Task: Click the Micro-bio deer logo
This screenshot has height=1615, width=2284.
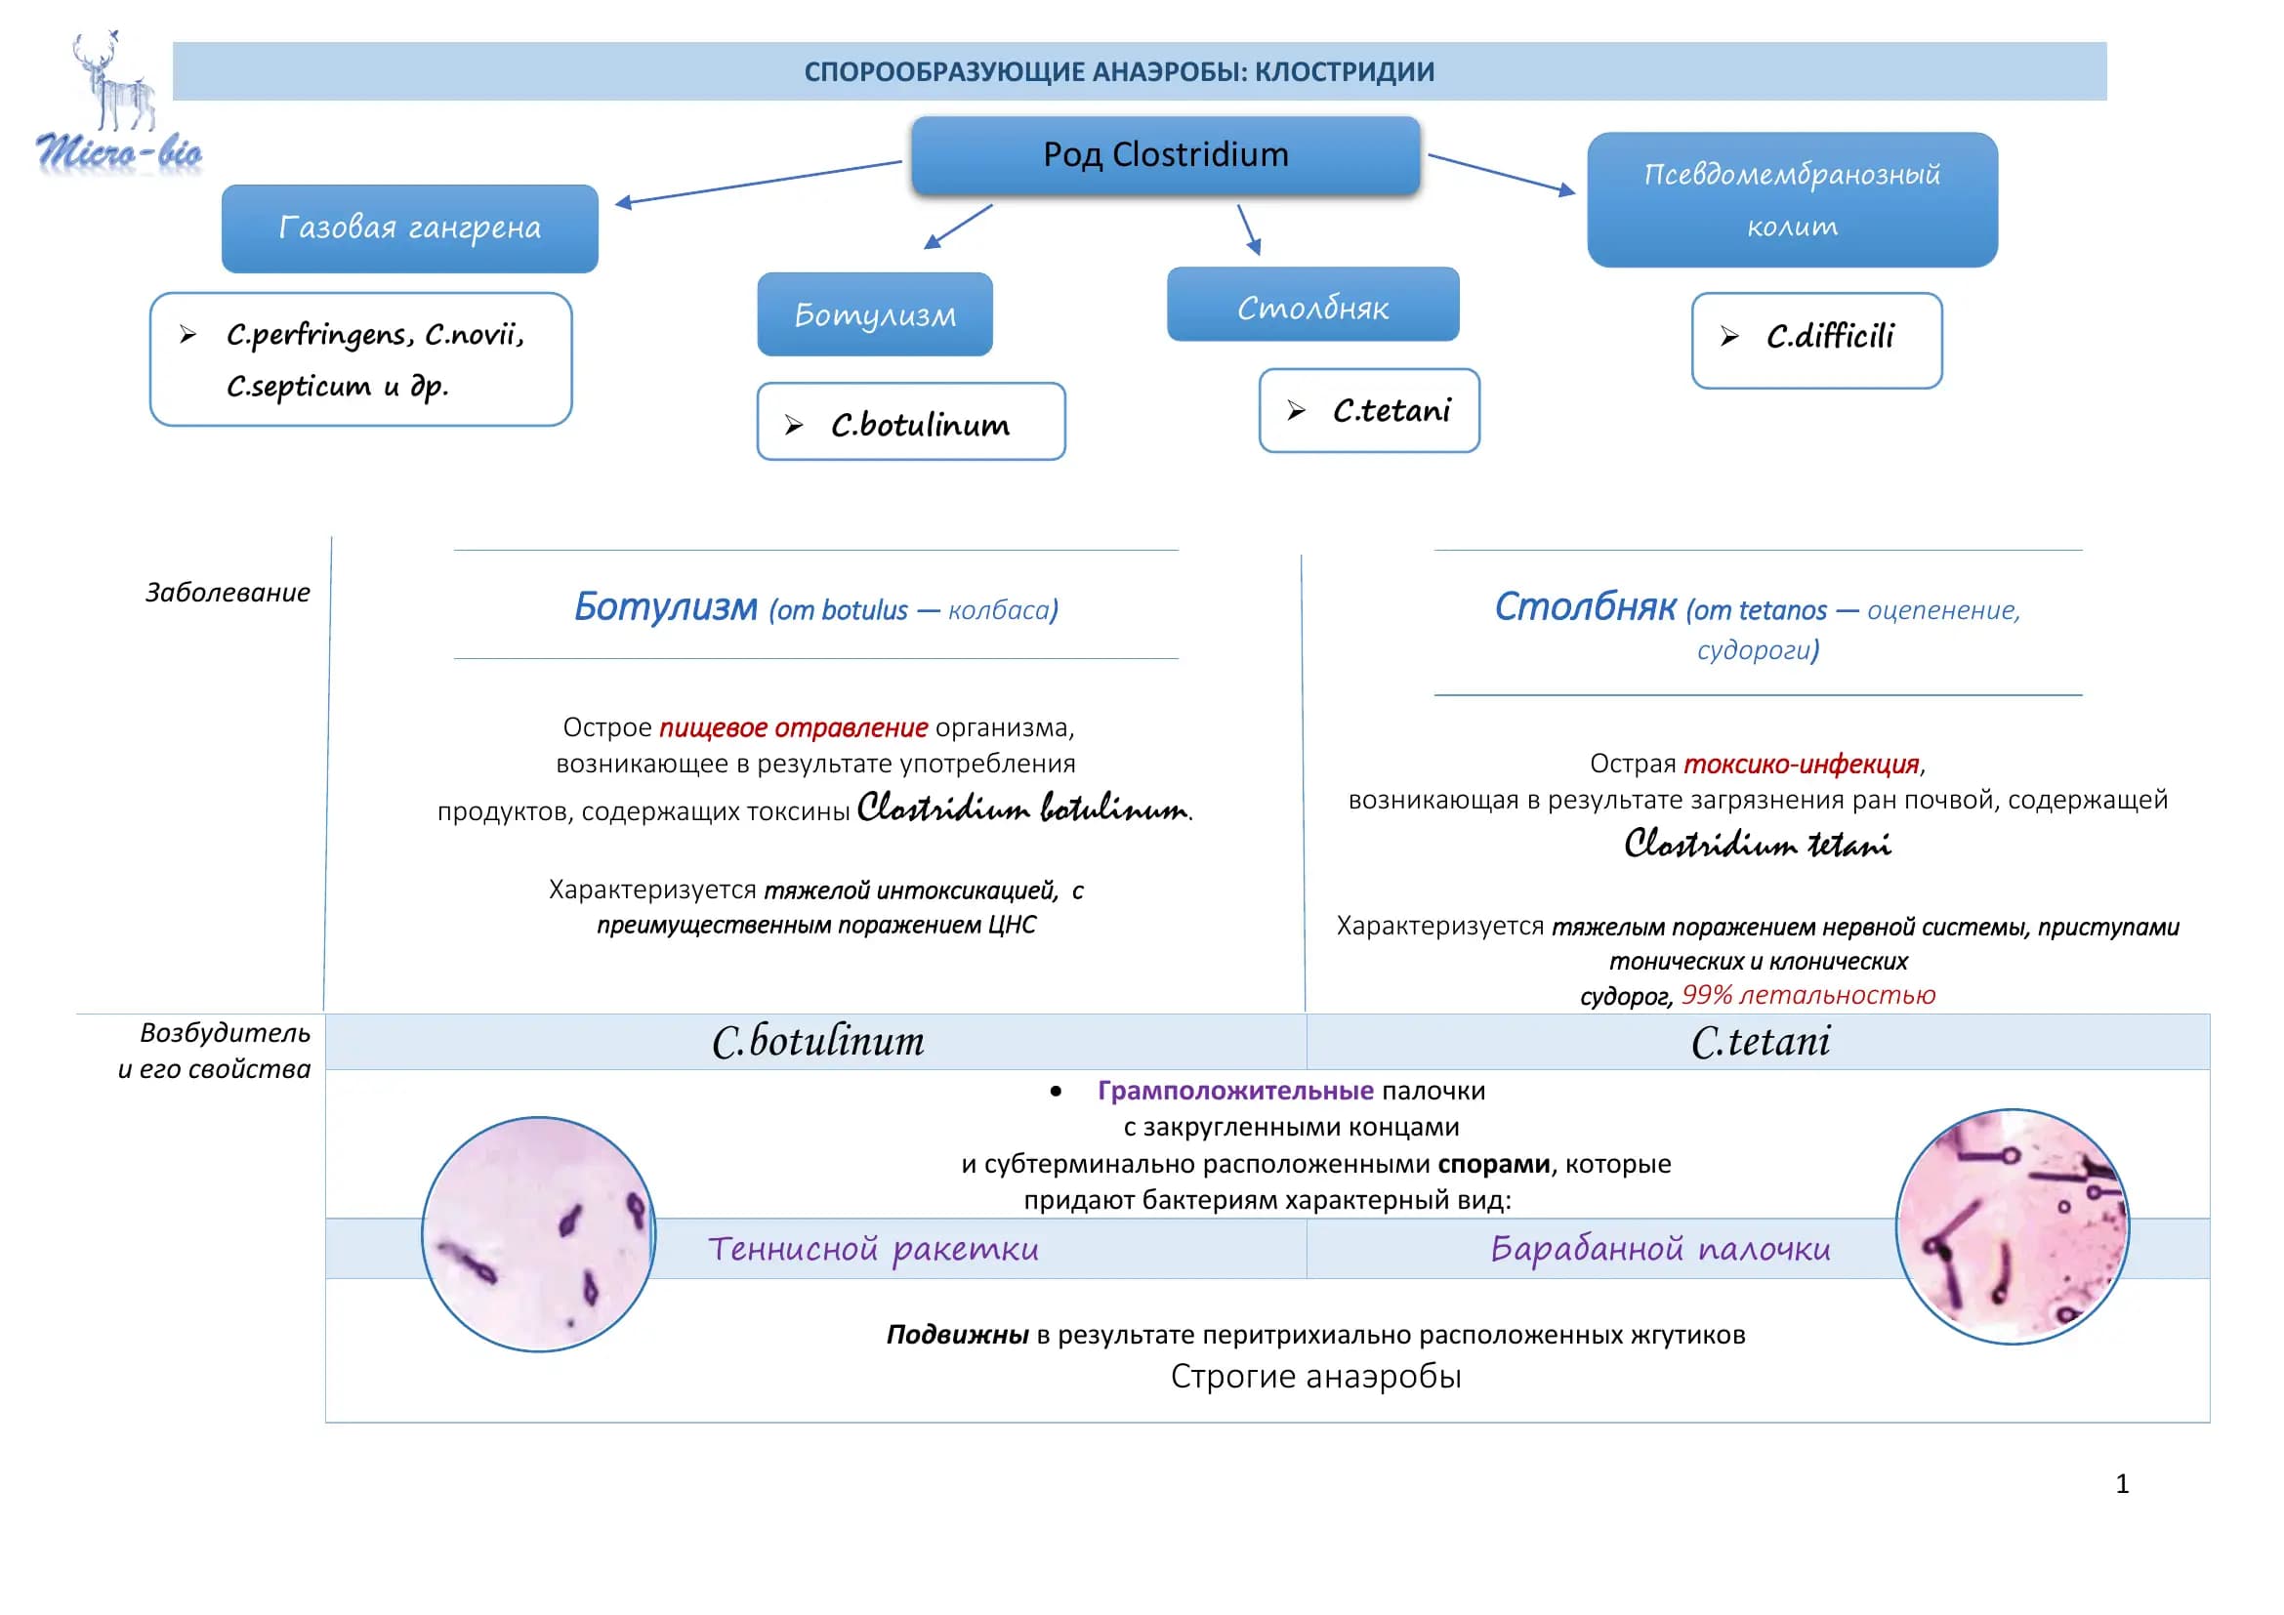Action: click(x=117, y=104)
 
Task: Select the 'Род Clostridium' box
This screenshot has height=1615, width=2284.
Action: click(x=1165, y=155)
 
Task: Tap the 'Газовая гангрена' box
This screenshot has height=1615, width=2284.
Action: click(x=410, y=228)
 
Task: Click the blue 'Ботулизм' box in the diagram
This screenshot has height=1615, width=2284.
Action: click(x=874, y=314)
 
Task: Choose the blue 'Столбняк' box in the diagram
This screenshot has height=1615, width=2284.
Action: click(x=1313, y=305)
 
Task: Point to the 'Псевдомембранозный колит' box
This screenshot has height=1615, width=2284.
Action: click(x=1792, y=200)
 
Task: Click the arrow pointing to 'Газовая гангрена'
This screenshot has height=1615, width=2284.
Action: click(x=758, y=183)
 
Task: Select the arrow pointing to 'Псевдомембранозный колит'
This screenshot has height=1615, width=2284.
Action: click(x=1502, y=175)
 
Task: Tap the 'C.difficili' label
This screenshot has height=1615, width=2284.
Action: click(x=1830, y=337)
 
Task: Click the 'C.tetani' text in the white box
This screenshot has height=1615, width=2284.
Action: click(x=1391, y=411)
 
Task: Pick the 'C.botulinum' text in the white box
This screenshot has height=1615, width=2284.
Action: click(x=920, y=425)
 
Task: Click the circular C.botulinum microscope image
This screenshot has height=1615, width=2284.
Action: click(x=539, y=1234)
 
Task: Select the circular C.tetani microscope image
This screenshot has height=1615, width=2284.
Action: click(x=2013, y=1226)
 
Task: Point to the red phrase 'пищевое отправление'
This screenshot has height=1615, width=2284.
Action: click(x=793, y=727)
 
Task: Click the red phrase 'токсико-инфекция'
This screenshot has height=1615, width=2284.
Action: click(x=1801, y=764)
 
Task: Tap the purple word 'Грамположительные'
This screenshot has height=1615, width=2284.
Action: click(x=1235, y=1091)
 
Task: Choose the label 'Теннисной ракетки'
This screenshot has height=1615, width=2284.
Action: click(x=873, y=1249)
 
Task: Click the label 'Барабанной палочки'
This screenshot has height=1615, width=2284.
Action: click(x=1660, y=1249)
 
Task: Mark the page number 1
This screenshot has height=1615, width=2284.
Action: click(x=2122, y=1485)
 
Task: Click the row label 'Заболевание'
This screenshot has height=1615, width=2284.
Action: click(x=228, y=593)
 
